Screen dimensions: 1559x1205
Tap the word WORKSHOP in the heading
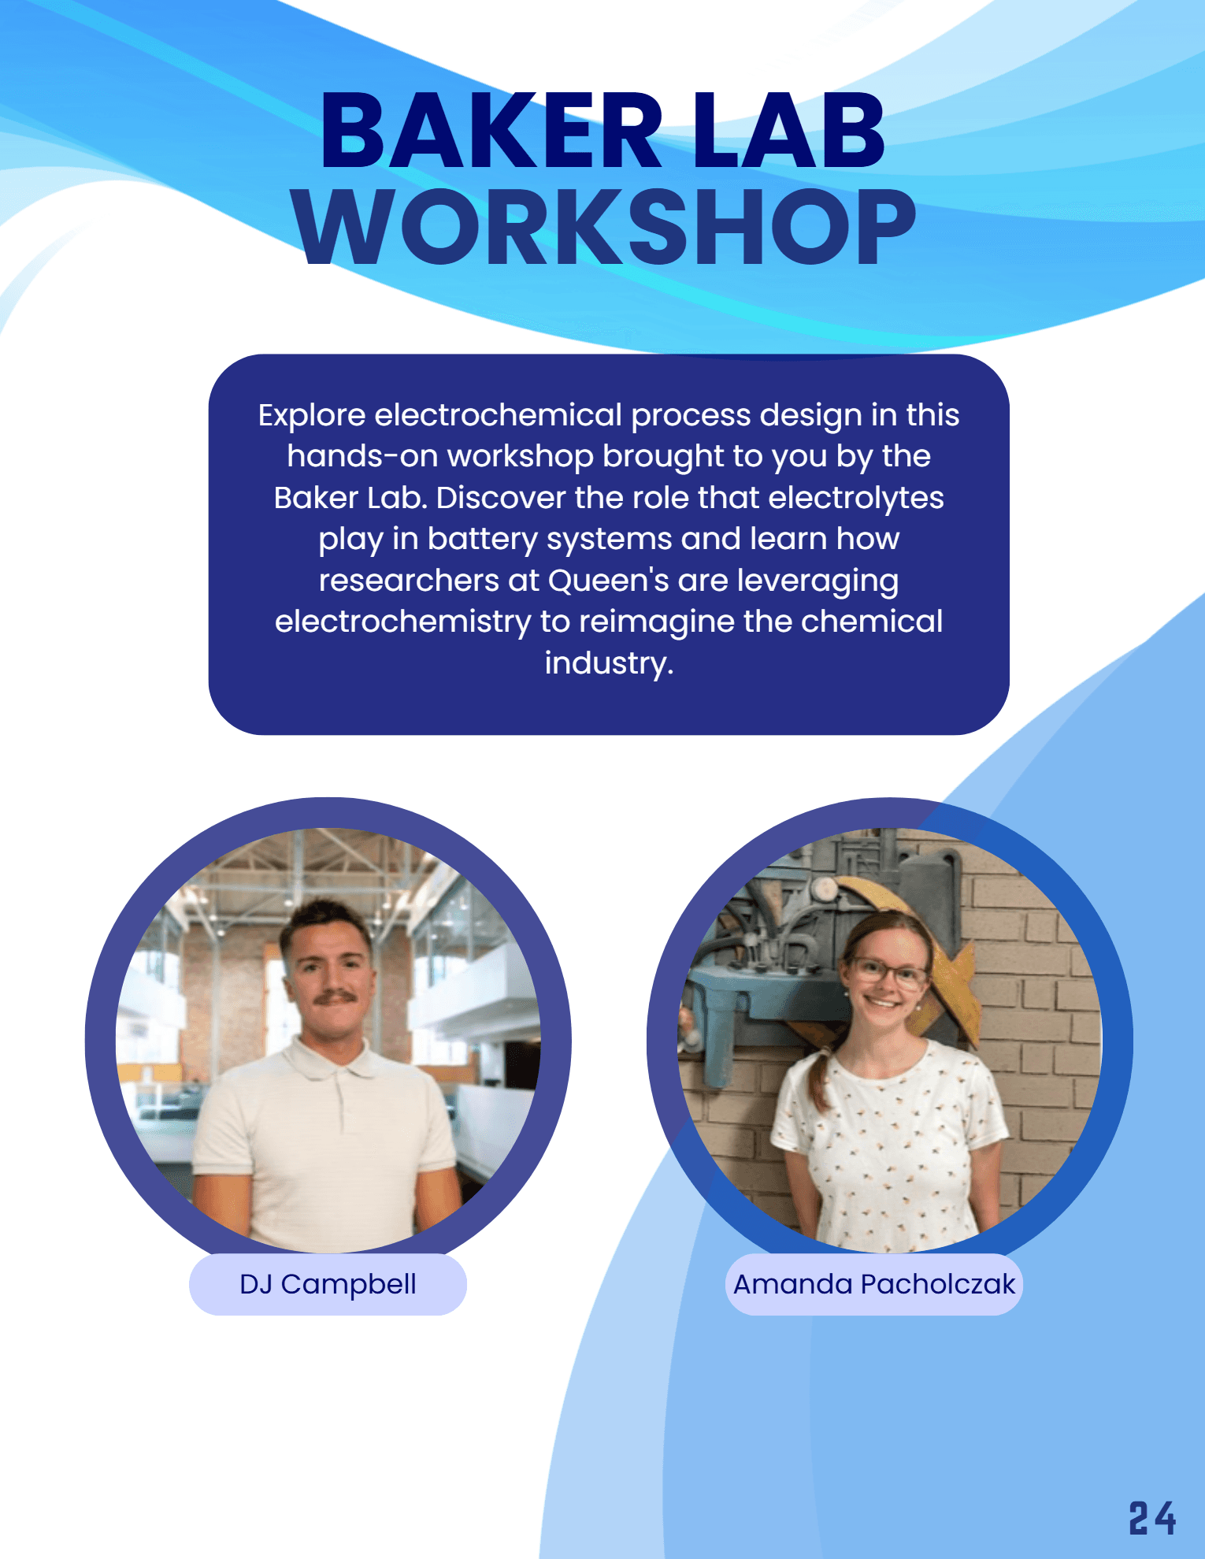[x=603, y=228]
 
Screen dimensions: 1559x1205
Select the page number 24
[x=1152, y=1518]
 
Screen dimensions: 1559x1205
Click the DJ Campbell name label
[x=328, y=1284]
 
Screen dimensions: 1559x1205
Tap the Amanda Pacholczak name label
[x=873, y=1284]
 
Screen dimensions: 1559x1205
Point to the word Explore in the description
[x=312, y=415]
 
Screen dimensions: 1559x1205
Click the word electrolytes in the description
[x=856, y=498]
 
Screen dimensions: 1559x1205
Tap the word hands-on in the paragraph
[x=362, y=457]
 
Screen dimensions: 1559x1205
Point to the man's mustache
[x=336, y=998]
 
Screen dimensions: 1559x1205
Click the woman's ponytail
[x=824, y=1079]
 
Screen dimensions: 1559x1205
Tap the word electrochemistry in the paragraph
[x=403, y=622]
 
